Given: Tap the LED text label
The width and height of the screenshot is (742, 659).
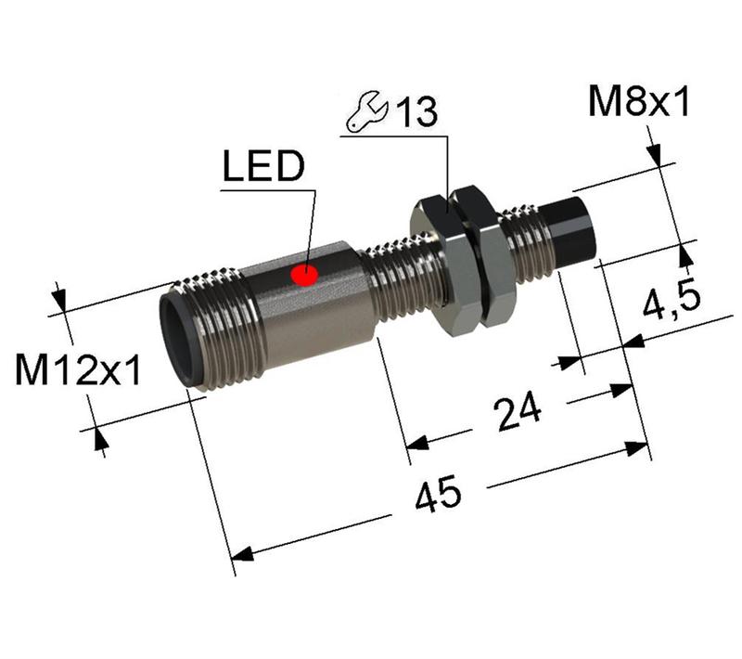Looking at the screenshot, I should tap(263, 168).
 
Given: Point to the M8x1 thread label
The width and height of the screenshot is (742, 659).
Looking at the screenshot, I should tap(639, 103).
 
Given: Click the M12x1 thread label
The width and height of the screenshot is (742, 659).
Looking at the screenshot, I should tap(78, 372).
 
